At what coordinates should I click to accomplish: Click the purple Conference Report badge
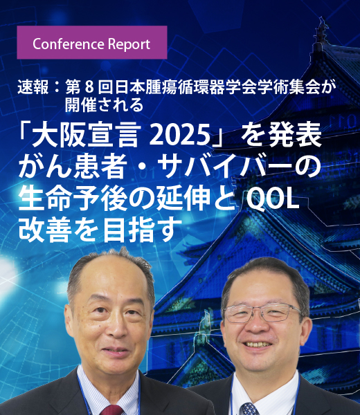point(91,43)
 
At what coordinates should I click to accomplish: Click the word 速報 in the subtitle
point(33,88)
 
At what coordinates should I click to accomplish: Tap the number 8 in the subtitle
point(88,88)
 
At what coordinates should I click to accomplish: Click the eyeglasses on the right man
point(264,313)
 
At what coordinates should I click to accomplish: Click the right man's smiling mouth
point(262,344)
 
